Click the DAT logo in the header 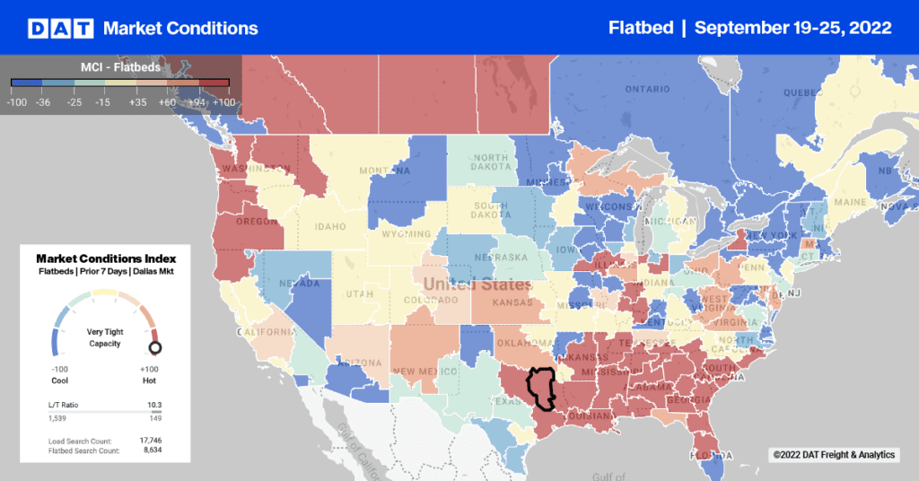(59, 28)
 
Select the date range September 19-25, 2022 (792, 28)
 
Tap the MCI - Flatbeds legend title (120, 66)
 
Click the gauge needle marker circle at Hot (154, 347)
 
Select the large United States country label (477, 284)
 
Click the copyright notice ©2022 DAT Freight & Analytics (834, 456)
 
